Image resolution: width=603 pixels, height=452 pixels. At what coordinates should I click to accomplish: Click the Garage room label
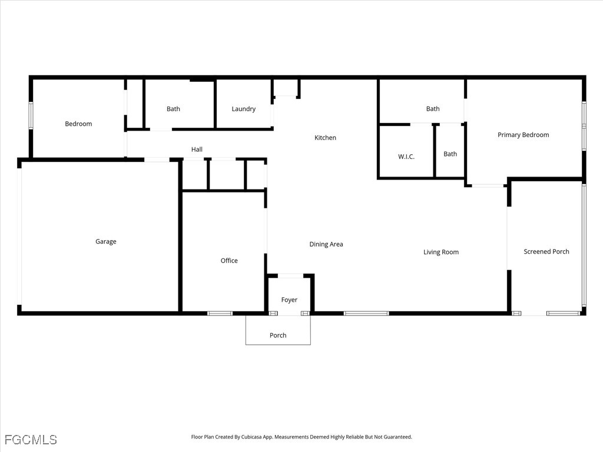tap(106, 242)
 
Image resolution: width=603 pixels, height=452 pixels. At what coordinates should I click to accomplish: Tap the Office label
tap(229, 261)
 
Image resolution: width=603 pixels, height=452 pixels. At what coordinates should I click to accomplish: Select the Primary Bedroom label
tap(524, 135)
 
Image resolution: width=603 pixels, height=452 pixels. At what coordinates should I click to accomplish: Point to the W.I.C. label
tap(406, 157)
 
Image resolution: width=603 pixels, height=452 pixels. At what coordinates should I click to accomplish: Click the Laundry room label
tap(243, 109)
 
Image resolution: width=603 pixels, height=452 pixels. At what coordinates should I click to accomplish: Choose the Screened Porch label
tap(546, 251)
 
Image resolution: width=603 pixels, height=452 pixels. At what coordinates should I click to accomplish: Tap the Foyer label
tap(289, 300)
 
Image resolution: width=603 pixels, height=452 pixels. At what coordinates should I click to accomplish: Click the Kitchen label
tap(325, 138)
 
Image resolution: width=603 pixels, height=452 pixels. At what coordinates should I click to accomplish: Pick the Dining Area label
tap(326, 244)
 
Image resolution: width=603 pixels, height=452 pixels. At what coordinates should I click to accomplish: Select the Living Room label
tap(441, 252)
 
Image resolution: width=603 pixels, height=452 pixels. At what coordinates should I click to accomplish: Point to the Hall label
tap(197, 149)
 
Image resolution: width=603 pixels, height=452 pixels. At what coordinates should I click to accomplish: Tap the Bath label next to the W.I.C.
tap(450, 154)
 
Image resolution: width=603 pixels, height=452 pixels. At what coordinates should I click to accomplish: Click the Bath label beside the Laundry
tap(174, 109)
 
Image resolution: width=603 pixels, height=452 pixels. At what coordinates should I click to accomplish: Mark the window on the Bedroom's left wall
tap(31, 115)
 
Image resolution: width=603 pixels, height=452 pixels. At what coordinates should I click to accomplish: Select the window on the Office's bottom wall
tap(220, 314)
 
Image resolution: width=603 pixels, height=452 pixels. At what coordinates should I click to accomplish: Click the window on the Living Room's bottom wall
tap(366, 314)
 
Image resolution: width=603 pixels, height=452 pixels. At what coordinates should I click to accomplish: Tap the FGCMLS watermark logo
tap(31, 440)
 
